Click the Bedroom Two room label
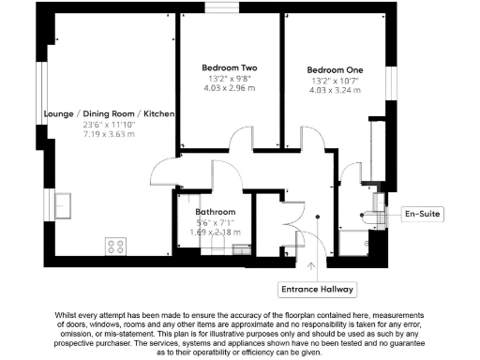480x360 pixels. pyautogui.click(x=229, y=67)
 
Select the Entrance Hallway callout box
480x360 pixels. pyautogui.click(x=318, y=288)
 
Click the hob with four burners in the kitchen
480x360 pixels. pyautogui.click(x=117, y=247)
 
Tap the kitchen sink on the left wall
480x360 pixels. pyautogui.click(x=63, y=202)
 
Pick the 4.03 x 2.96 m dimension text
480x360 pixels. pyautogui.click(x=229, y=88)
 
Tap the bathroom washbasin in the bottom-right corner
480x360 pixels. pyautogui.click(x=241, y=248)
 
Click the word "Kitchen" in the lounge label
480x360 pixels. pyautogui.click(x=159, y=114)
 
